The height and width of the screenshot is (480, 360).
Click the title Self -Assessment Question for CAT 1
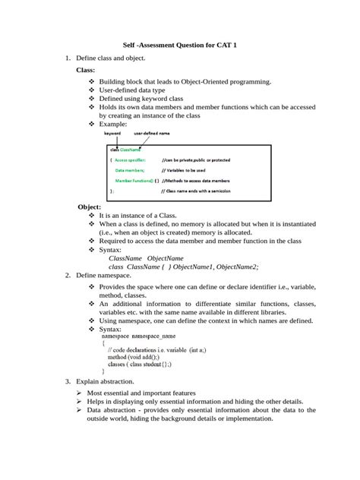coord(181,46)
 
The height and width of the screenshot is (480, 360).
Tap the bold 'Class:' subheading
coord(86,70)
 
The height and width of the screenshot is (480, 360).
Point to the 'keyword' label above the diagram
coord(112,134)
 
